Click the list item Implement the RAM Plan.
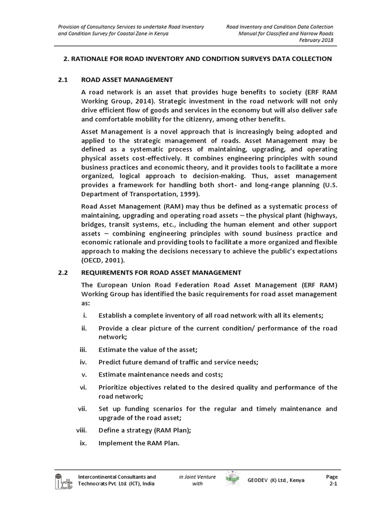coord(138,443)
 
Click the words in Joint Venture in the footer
coord(197,476)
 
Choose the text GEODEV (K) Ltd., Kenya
coord(275,480)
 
